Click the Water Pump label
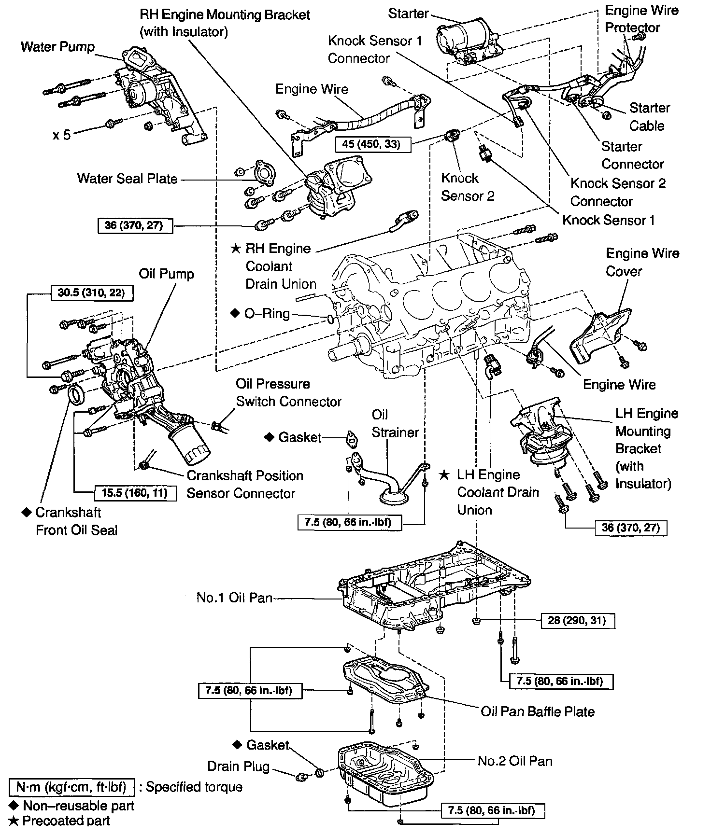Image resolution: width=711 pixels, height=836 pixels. click(x=58, y=47)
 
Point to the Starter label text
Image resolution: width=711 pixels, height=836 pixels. click(x=408, y=14)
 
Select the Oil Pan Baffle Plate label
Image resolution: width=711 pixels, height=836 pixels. click(x=538, y=711)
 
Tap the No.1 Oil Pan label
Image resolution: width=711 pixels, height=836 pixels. click(x=234, y=598)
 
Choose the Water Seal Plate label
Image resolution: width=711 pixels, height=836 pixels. click(x=127, y=179)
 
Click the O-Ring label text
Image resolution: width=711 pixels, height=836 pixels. click(x=267, y=314)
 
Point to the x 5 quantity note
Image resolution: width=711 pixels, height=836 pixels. click(x=62, y=135)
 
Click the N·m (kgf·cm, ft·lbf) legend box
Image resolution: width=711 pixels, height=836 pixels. click(x=71, y=787)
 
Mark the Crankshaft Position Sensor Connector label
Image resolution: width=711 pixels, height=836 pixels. click(x=244, y=484)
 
